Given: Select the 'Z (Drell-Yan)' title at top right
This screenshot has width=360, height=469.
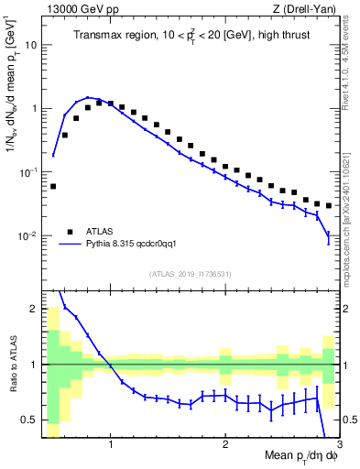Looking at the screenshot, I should pos(309,8).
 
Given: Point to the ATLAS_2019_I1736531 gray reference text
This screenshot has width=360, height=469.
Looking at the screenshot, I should pos(191,274).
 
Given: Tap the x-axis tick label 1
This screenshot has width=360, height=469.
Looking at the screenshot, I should pos(111,445).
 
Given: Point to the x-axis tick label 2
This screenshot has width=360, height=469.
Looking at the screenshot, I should pos(225,445).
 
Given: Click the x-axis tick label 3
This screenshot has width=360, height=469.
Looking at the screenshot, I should pos(338,445).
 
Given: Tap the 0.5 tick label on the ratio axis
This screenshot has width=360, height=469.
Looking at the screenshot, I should pos(28,420).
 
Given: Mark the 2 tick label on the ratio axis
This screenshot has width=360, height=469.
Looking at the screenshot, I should pos(33,309).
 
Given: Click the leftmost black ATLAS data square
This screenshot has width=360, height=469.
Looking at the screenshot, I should pos(53,186).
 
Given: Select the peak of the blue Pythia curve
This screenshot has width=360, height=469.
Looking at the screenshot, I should pos(88,97).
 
